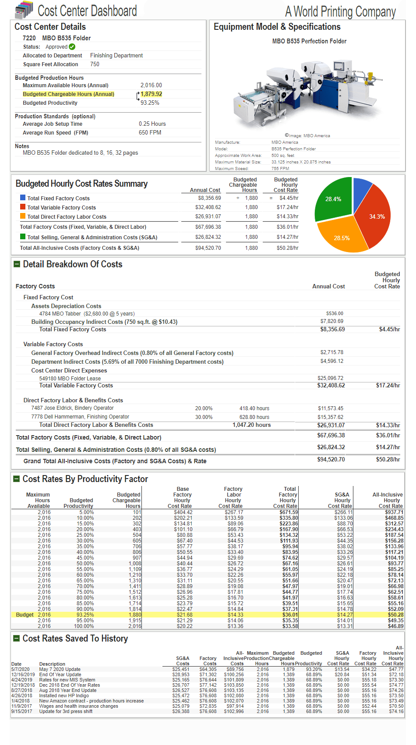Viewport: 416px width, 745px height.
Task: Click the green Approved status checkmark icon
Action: click(72, 47)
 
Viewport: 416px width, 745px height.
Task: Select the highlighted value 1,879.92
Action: click(152, 94)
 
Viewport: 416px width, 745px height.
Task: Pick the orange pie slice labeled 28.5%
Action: click(341, 237)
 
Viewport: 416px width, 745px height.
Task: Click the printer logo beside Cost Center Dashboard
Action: click(24, 9)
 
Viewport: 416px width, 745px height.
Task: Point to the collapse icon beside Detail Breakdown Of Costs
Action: click(17, 264)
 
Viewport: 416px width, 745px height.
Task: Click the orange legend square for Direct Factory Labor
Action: click(23, 216)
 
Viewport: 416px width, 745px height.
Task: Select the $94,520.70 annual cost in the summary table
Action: click(208, 248)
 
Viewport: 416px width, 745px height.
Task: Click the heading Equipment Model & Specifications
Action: click(277, 27)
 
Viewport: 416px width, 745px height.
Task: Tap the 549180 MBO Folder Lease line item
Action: click(70, 379)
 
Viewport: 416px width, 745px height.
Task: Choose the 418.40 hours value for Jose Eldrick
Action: click(254, 408)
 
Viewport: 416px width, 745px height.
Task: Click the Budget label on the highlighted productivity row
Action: click(25, 615)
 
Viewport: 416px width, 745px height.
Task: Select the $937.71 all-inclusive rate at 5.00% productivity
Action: click(395, 512)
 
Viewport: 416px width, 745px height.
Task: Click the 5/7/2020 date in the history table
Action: click(20, 669)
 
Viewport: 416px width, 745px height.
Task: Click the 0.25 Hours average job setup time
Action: click(152, 124)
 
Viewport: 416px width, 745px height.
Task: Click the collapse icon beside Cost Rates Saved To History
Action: click(17, 639)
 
